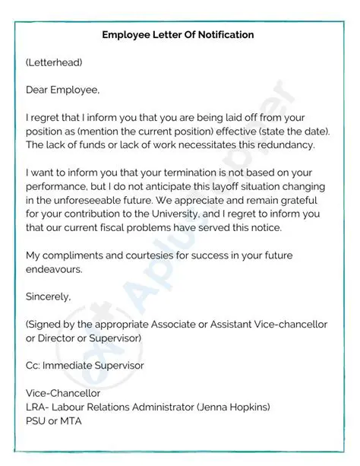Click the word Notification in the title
222,35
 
